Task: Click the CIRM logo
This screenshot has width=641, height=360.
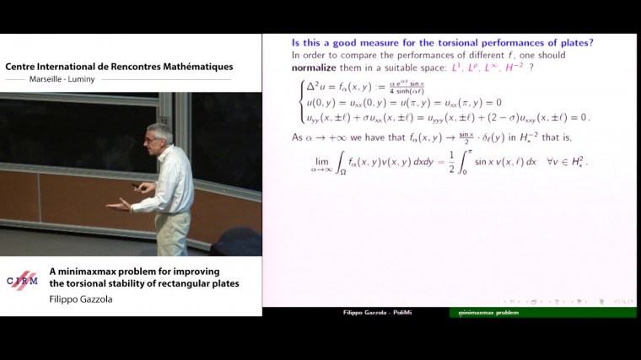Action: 22,281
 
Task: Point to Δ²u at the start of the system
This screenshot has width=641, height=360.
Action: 315,87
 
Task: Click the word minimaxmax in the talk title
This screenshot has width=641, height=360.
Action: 86,271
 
